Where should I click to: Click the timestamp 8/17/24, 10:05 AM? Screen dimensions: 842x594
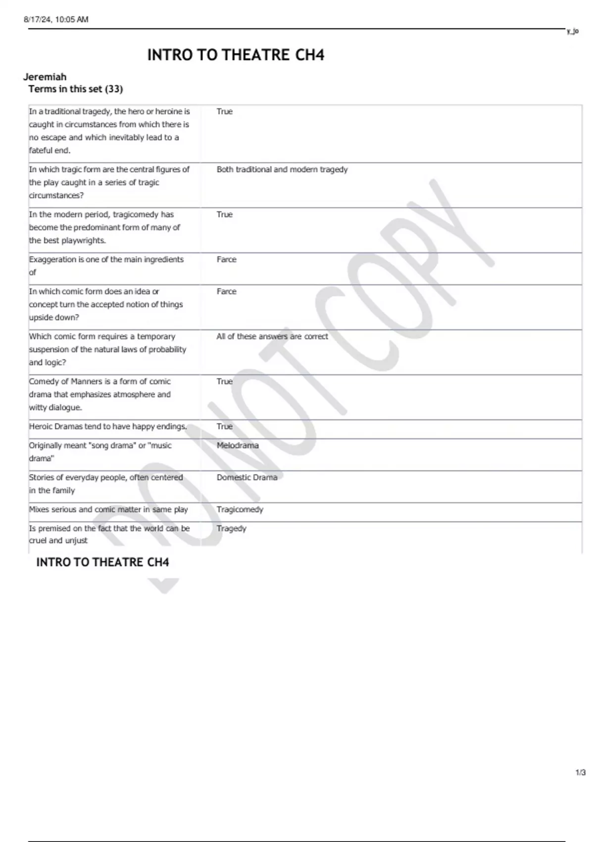56,20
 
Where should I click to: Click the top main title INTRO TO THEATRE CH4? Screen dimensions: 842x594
236,55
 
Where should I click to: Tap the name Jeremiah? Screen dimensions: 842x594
45,77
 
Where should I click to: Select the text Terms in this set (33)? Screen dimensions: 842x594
76,89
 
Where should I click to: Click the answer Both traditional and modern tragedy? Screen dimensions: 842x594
282,169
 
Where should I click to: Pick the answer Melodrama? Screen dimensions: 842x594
238,445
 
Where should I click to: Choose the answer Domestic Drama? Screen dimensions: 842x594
247,477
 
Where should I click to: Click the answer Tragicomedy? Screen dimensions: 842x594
240,509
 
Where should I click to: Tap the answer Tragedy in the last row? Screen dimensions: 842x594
231,528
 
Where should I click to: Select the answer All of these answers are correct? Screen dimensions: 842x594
272,336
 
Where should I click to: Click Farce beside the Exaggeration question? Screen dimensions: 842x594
226,260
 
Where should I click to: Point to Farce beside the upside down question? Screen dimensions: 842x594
226,292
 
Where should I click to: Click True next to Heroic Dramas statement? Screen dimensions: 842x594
224,426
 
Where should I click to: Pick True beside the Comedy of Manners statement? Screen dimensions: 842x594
224,381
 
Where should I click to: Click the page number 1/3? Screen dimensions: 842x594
581,773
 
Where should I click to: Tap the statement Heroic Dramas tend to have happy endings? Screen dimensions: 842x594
108,426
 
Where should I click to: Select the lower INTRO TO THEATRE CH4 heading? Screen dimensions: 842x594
102,562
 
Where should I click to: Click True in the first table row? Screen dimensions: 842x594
224,111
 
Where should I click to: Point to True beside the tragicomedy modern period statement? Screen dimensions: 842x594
224,214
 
